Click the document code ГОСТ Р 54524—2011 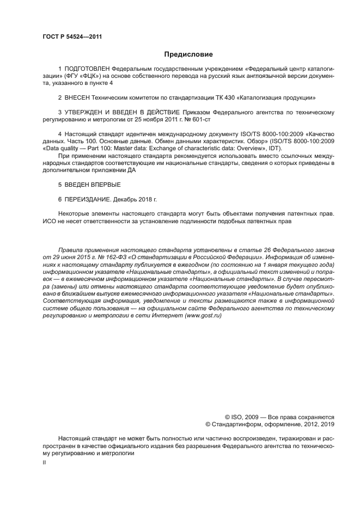[72, 37]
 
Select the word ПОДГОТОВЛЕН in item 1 [87, 70]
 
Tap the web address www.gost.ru [203, 316]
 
